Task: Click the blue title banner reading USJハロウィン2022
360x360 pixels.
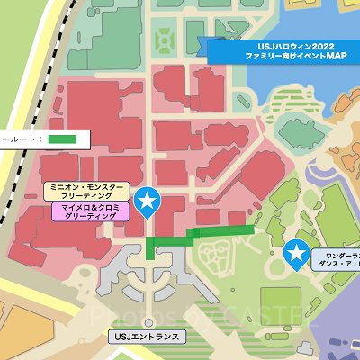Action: pyautogui.click(x=283, y=44)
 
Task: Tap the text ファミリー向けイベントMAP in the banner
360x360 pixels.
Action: pyautogui.click(x=283, y=56)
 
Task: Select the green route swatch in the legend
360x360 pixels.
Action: pyautogui.click(x=63, y=139)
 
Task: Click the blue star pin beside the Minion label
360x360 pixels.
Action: pyautogui.click(x=147, y=202)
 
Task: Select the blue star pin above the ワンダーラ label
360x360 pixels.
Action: pyautogui.click(x=295, y=254)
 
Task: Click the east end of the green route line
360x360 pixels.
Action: pyautogui.click(x=252, y=230)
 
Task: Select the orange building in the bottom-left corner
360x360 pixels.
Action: pyautogui.click(x=13, y=337)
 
